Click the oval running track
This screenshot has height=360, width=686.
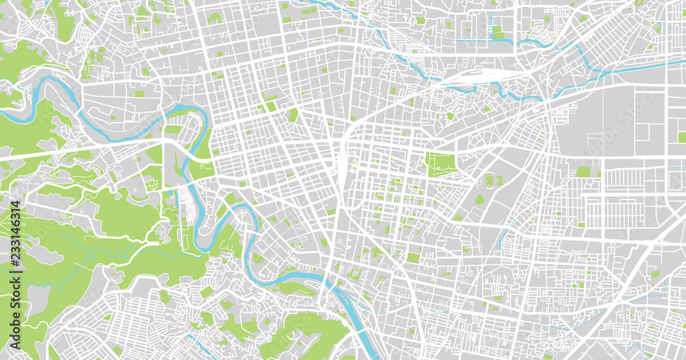(488, 180)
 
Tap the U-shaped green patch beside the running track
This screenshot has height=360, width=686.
(499, 180)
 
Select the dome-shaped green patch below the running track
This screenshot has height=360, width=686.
(480, 199)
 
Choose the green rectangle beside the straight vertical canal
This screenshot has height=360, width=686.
(498, 31)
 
